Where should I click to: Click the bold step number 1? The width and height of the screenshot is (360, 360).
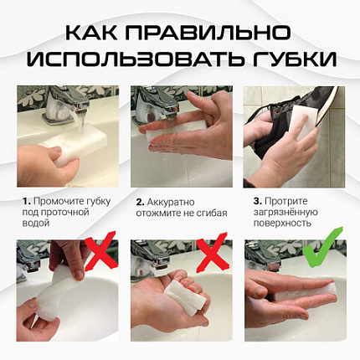26,202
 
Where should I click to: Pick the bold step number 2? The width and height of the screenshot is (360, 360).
139,202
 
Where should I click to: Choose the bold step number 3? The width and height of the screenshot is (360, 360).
255,202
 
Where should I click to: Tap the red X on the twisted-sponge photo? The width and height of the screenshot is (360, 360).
100,251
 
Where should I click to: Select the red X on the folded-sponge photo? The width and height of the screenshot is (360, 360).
213,251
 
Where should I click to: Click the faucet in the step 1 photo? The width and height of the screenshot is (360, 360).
64,105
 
